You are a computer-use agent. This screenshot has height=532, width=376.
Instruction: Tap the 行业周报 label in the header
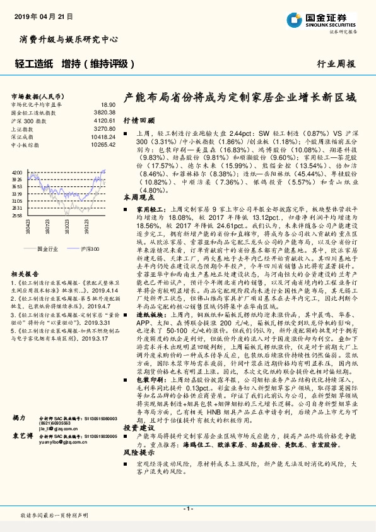pyautogui.click(x=336, y=64)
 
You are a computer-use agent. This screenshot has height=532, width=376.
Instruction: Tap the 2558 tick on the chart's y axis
pyautogui.click(x=18, y=215)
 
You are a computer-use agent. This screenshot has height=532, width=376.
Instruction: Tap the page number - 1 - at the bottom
pyautogui.click(x=187, y=509)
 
